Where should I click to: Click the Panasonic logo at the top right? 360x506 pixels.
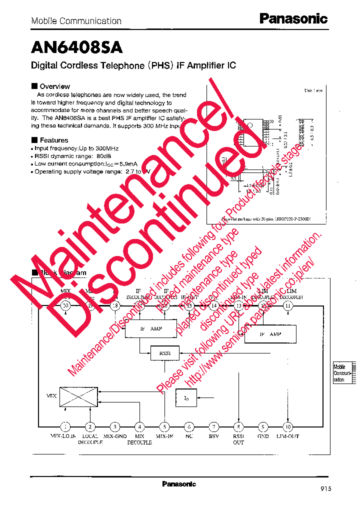[293, 19]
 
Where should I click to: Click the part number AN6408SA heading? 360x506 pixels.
[76, 47]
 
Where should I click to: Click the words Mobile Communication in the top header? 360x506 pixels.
[76, 21]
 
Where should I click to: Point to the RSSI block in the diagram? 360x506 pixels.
[165, 353]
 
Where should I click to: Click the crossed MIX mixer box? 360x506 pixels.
[78, 396]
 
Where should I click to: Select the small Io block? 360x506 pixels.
[186, 398]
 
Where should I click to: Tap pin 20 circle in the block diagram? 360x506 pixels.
[65, 306]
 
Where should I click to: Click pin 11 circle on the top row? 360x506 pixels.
[287, 306]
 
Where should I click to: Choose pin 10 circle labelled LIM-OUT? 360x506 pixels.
[287, 426]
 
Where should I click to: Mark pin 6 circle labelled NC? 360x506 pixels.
[189, 426]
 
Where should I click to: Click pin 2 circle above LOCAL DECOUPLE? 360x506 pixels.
[90, 426]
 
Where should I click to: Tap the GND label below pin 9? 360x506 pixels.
[263, 436]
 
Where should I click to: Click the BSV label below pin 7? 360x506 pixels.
[213, 436]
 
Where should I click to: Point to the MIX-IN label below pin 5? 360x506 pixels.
[164, 436]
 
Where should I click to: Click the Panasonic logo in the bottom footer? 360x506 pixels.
[179, 484]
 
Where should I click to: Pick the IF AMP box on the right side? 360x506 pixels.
[270, 333]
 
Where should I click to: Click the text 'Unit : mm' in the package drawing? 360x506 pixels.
[313, 90]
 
